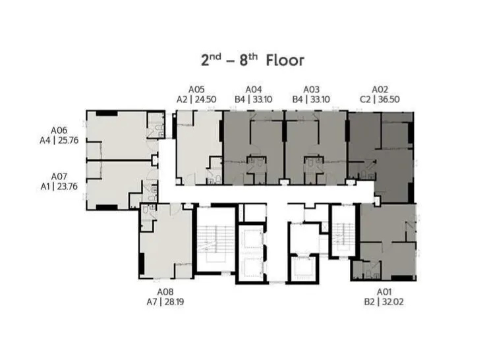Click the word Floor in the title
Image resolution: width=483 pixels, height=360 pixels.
pyautogui.click(x=285, y=61)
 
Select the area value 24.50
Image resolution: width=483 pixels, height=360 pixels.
pyautogui.click(x=204, y=100)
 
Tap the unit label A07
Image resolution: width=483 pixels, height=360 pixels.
pyautogui.click(x=59, y=177)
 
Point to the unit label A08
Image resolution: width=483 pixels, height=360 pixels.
pyautogui.click(x=165, y=292)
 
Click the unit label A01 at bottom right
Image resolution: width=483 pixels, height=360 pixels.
pyautogui.click(x=384, y=292)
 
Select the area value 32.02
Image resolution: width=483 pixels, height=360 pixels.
pyautogui.click(x=392, y=302)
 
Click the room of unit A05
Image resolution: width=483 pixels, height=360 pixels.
pyautogui.click(x=198, y=142)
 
